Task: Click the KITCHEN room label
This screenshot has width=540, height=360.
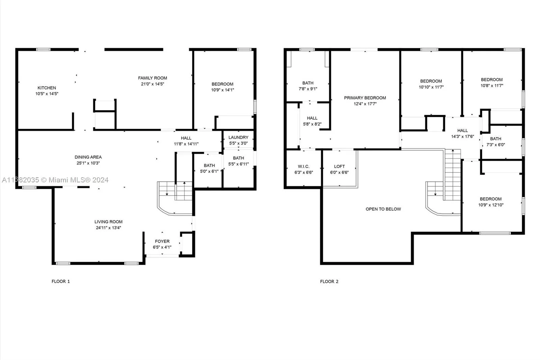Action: point(47,88)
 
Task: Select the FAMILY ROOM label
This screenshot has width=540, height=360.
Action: point(153,78)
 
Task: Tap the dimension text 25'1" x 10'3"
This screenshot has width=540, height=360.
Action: point(88,163)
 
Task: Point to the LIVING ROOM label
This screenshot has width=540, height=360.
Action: point(108,222)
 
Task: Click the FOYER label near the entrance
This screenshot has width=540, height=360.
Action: point(162,241)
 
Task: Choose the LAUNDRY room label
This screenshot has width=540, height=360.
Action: point(238,137)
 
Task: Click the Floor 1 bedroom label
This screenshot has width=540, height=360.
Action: point(222,84)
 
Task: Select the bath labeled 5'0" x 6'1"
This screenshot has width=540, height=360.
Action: point(209,165)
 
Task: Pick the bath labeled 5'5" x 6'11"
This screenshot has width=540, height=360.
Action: point(238,158)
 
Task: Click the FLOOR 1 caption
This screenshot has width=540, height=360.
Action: point(61,281)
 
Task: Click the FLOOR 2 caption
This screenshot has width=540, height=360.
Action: point(329,281)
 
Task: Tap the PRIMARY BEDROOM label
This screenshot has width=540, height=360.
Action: point(365,98)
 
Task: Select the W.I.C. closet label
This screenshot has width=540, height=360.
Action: point(303,166)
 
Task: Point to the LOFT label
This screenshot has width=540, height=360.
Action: point(339,166)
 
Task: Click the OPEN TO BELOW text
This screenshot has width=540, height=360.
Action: point(383,209)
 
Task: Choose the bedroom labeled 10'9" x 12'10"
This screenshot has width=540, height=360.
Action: point(490,199)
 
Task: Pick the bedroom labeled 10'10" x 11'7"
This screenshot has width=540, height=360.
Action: point(431,81)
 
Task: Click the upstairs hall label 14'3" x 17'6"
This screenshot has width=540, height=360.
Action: point(462,131)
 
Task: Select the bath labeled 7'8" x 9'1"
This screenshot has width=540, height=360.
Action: point(308,83)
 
